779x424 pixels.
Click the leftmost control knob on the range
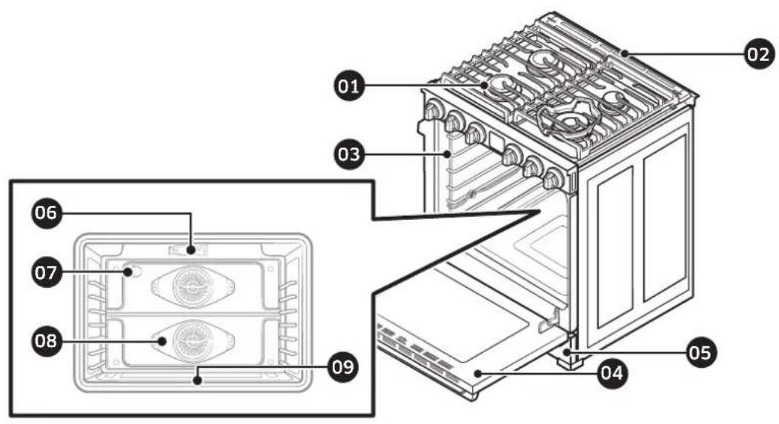coord(433,111)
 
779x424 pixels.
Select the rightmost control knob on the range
coord(552,178)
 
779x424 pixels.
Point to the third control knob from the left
coord(472,133)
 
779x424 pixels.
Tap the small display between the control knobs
coord(491,143)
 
